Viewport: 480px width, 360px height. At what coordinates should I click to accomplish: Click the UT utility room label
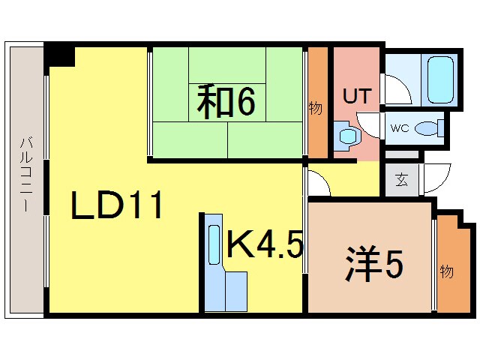[x=356, y=97]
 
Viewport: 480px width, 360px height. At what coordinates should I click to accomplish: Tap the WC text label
[x=398, y=128]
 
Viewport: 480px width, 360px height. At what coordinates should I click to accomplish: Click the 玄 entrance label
[x=402, y=181]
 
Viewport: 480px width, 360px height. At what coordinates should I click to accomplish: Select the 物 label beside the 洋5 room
[x=446, y=271]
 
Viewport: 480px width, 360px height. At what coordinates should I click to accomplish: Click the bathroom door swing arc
[x=397, y=89]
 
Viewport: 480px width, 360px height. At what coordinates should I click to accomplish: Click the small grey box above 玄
[x=403, y=155]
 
